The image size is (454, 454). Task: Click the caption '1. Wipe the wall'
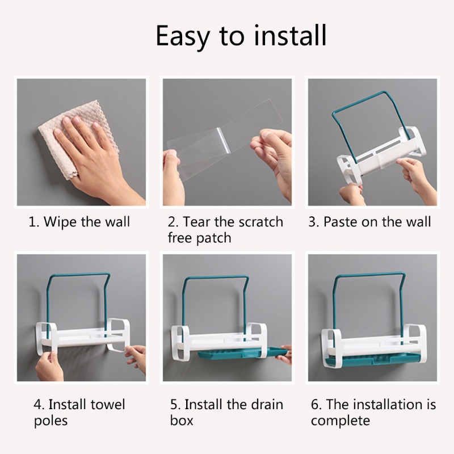click(79, 221)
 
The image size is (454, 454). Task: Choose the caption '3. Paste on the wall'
click(369, 221)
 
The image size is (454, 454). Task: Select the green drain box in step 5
click(238, 356)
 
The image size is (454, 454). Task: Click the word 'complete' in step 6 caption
click(340, 421)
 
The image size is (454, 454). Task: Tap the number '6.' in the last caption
click(316, 405)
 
